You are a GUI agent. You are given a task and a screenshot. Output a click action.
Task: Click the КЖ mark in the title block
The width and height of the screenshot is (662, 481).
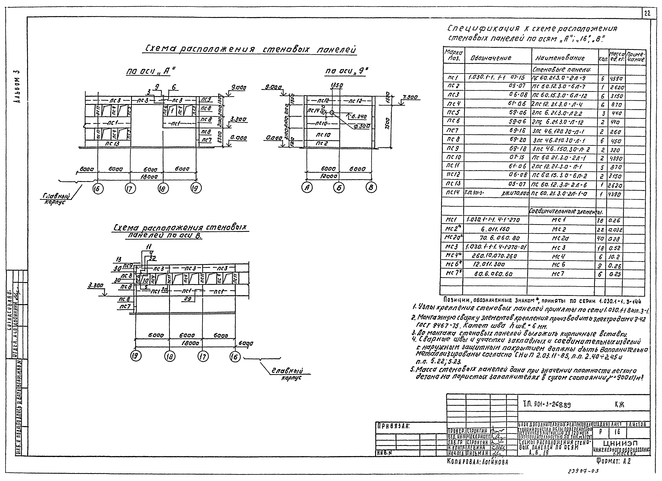pyautogui.click(x=619, y=405)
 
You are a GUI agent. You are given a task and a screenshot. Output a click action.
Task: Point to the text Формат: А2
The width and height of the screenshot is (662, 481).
pyautogui.click(x=614, y=461)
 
